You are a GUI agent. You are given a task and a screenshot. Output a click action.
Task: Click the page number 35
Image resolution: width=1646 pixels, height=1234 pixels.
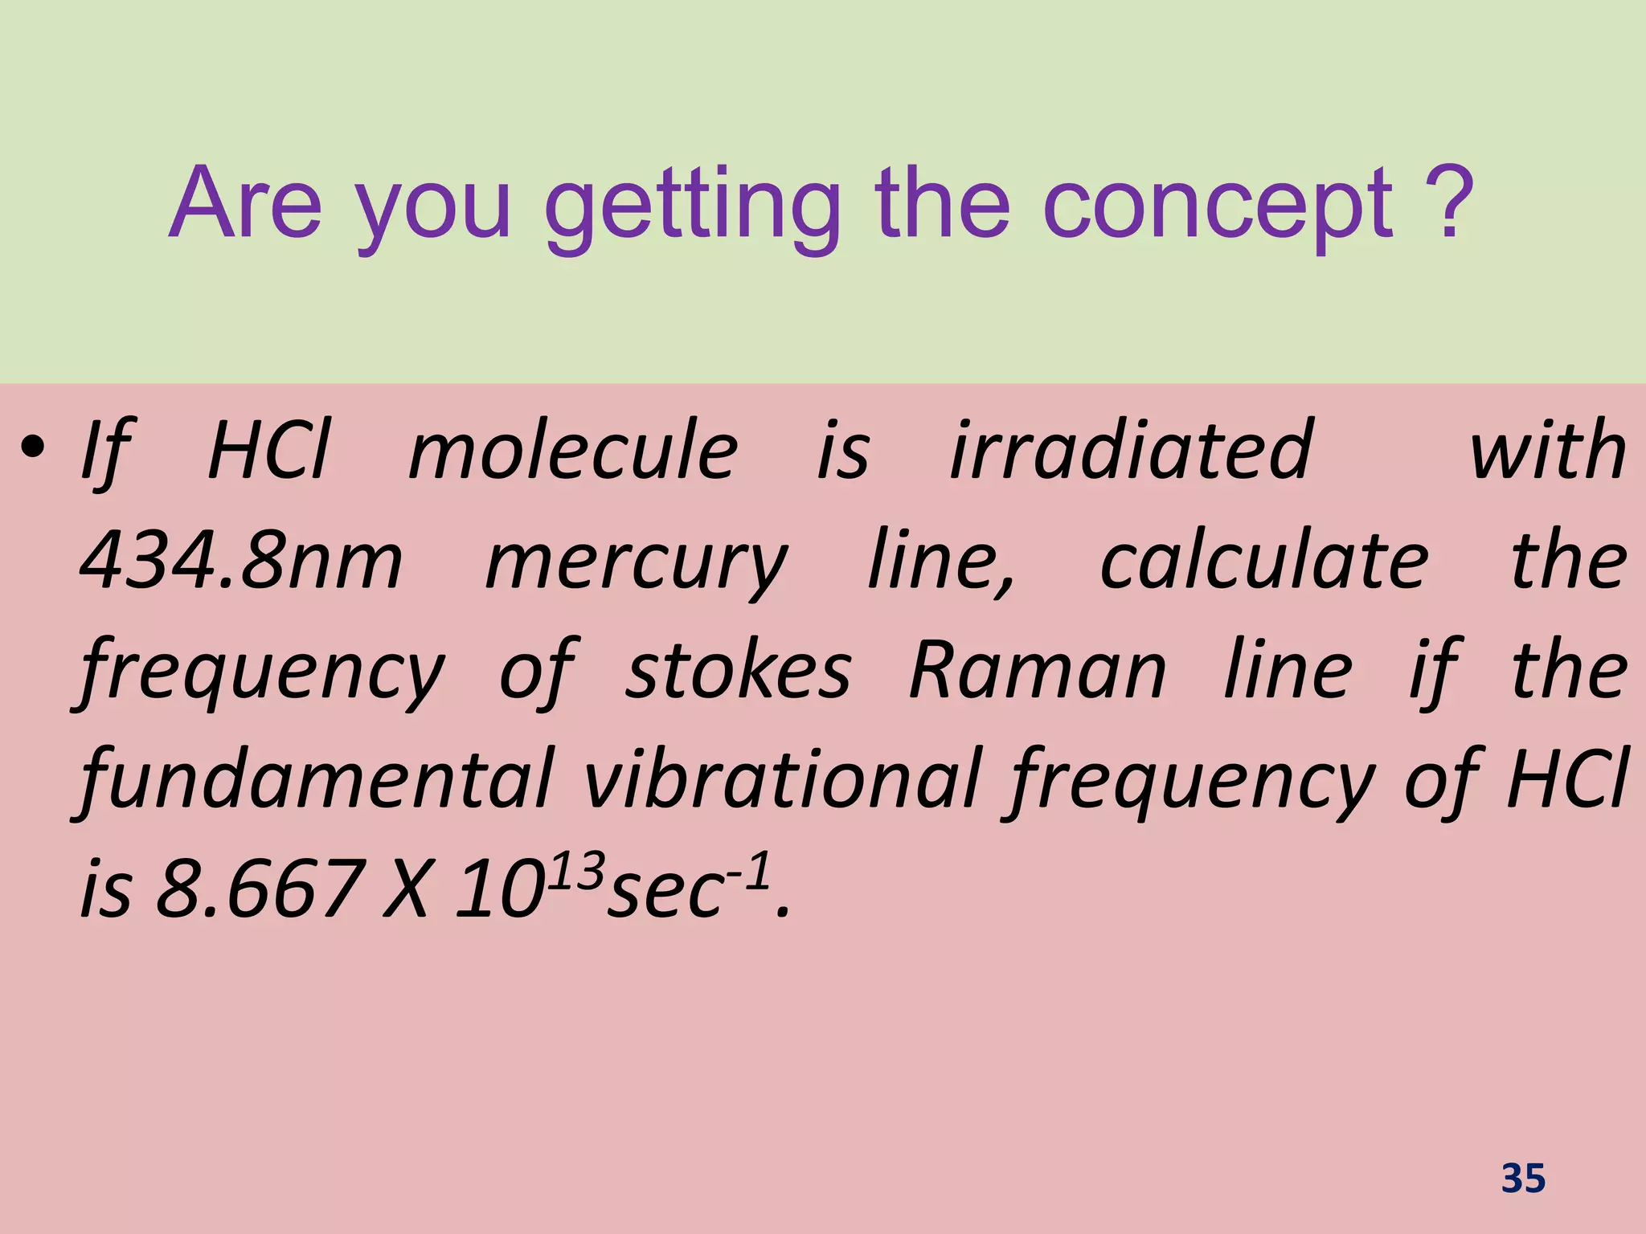pyautogui.click(x=1523, y=1179)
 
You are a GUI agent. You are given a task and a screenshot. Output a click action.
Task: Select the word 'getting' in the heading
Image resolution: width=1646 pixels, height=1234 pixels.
pyautogui.click(x=692, y=209)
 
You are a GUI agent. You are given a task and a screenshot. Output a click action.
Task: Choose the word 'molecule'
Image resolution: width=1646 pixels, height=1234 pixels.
pyautogui.click(x=572, y=451)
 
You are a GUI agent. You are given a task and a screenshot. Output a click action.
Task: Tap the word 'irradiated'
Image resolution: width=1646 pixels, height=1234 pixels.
pyautogui.click(x=1132, y=451)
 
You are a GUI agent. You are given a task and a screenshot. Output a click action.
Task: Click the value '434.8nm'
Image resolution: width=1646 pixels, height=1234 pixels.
pyautogui.click(x=241, y=561)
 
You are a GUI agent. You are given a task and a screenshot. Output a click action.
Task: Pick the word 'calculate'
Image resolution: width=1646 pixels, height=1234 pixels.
pyautogui.click(x=1263, y=561)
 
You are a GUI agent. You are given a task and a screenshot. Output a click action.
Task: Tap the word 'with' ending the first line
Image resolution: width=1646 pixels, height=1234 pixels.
pyautogui.click(x=1547, y=451)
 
